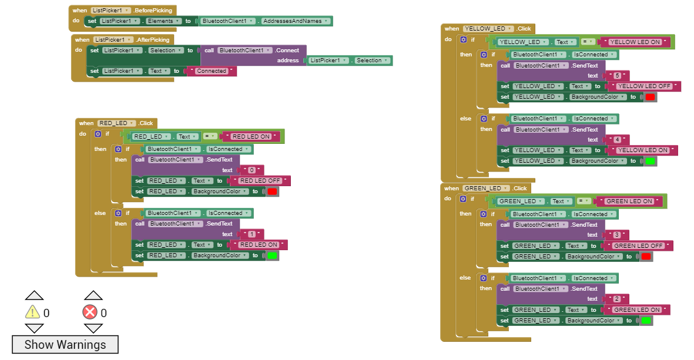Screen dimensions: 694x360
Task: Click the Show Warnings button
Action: pyautogui.click(x=65, y=345)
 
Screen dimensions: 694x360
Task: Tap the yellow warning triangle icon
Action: pyautogui.click(x=32, y=312)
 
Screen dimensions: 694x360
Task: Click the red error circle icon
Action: pyautogui.click(x=90, y=312)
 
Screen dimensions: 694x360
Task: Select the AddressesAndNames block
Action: pyautogui.click(x=295, y=21)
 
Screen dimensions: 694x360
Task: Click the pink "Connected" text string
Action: pyautogui.click(x=212, y=71)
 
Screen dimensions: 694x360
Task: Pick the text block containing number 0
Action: pyautogui.click(x=252, y=170)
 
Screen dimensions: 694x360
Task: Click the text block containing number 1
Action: pyautogui.click(x=252, y=234)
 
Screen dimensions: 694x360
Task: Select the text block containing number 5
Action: pyautogui.click(x=617, y=76)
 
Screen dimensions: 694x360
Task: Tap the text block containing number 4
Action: pyautogui.click(x=617, y=140)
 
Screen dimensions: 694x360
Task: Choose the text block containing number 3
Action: pyautogui.click(x=616, y=235)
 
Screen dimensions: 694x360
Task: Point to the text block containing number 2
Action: pyautogui.click(x=616, y=299)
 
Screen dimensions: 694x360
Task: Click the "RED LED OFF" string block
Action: pyautogui.click(x=260, y=181)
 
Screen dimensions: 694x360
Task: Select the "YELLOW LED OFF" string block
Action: pyautogui.click(x=644, y=86)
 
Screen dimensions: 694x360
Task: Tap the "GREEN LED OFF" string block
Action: pyautogui.click(x=638, y=246)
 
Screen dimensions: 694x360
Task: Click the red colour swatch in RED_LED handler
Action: pyautogui.click(x=272, y=191)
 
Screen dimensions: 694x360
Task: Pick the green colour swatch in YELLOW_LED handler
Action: pyautogui.click(x=650, y=161)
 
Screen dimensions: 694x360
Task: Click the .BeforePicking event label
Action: pyautogui.click(x=153, y=10)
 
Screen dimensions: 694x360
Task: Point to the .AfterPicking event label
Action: pyautogui.click(x=152, y=40)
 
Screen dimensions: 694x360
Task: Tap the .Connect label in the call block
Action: pyautogui.click(x=287, y=51)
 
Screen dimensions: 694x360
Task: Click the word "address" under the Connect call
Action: pyautogui.click(x=288, y=60)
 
